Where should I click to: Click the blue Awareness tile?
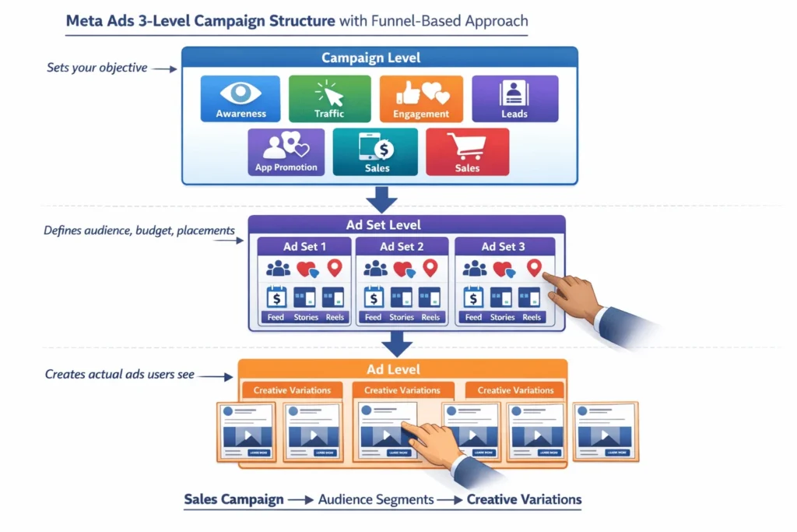[x=241, y=98]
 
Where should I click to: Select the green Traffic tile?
[x=328, y=98]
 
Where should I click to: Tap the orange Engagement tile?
[x=421, y=98]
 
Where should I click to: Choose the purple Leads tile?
[x=514, y=98]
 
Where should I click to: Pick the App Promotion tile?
[x=286, y=152]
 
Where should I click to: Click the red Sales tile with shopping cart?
[x=467, y=152]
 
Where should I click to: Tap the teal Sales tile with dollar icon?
[x=376, y=152]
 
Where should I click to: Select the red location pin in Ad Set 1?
[x=335, y=269]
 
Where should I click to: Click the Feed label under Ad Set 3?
[x=473, y=317]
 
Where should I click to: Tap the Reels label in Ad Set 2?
[x=430, y=317]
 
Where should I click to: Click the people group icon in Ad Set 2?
[x=375, y=269]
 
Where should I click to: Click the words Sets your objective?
[x=97, y=68]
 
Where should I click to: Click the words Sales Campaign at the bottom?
[x=233, y=499]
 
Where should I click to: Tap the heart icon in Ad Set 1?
[x=307, y=270]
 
